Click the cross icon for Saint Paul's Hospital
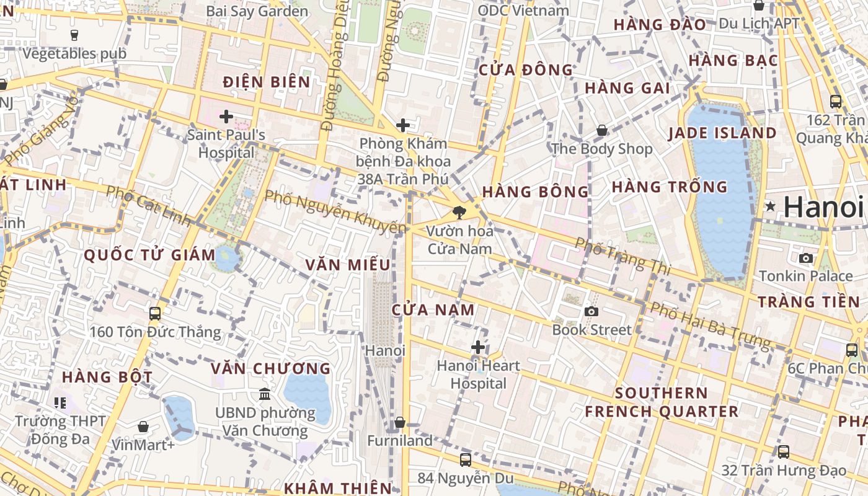[226, 116]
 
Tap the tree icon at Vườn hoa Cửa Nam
[459, 213]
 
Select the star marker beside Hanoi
[770, 206]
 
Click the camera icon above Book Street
[591, 311]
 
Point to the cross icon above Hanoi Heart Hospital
[478, 347]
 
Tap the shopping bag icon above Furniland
[400, 422]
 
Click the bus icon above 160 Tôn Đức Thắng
[155, 313]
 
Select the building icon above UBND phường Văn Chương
[265, 394]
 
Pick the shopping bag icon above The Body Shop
[601, 130]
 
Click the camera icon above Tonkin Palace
[805, 258]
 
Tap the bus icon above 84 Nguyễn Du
[466, 459]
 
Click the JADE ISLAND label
[722, 133]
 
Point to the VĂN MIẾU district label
[348, 265]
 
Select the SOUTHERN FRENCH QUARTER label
[662, 402]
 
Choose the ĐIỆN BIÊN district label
[267, 82]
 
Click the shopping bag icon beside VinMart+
[143, 427]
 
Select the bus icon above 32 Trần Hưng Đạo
[784, 452]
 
